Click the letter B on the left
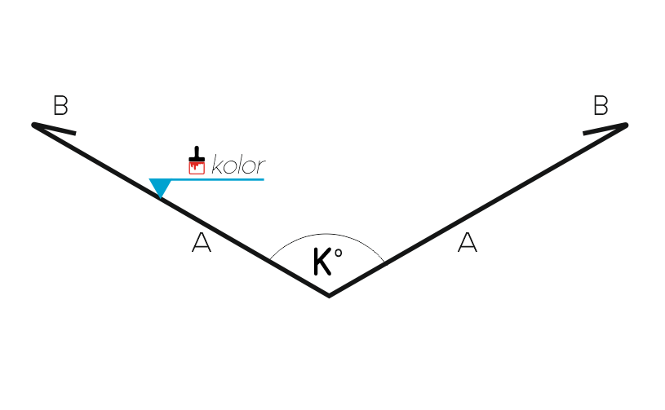coord(60,105)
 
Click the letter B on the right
coord(601,105)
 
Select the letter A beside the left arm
coord(201,242)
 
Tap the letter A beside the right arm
coord(468,242)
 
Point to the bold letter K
coord(322,262)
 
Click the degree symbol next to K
coord(338,253)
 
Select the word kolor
coord(238,165)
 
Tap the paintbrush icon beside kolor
coord(197,160)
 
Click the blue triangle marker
coord(160,187)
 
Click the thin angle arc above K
coord(326,234)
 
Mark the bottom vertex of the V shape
coord(329,295)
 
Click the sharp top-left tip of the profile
coord(33,125)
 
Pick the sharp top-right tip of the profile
coord(626,125)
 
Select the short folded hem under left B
coord(55,129)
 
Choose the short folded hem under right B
coord(605,129)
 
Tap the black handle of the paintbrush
coord(197,153)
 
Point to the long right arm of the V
coord(478,210)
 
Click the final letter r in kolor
coord(261,166)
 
